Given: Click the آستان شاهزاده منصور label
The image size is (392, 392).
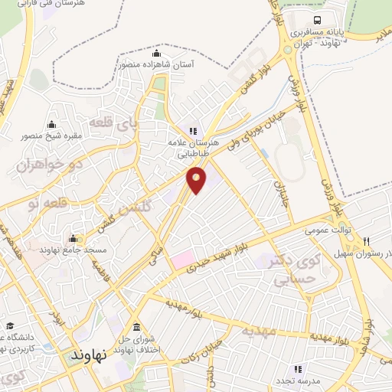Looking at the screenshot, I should click(x=156, y=66).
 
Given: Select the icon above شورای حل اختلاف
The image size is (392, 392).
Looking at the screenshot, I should click(x=136, y=318).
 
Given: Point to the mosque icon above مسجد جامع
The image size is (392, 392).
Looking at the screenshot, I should click(x=73, y=238).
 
